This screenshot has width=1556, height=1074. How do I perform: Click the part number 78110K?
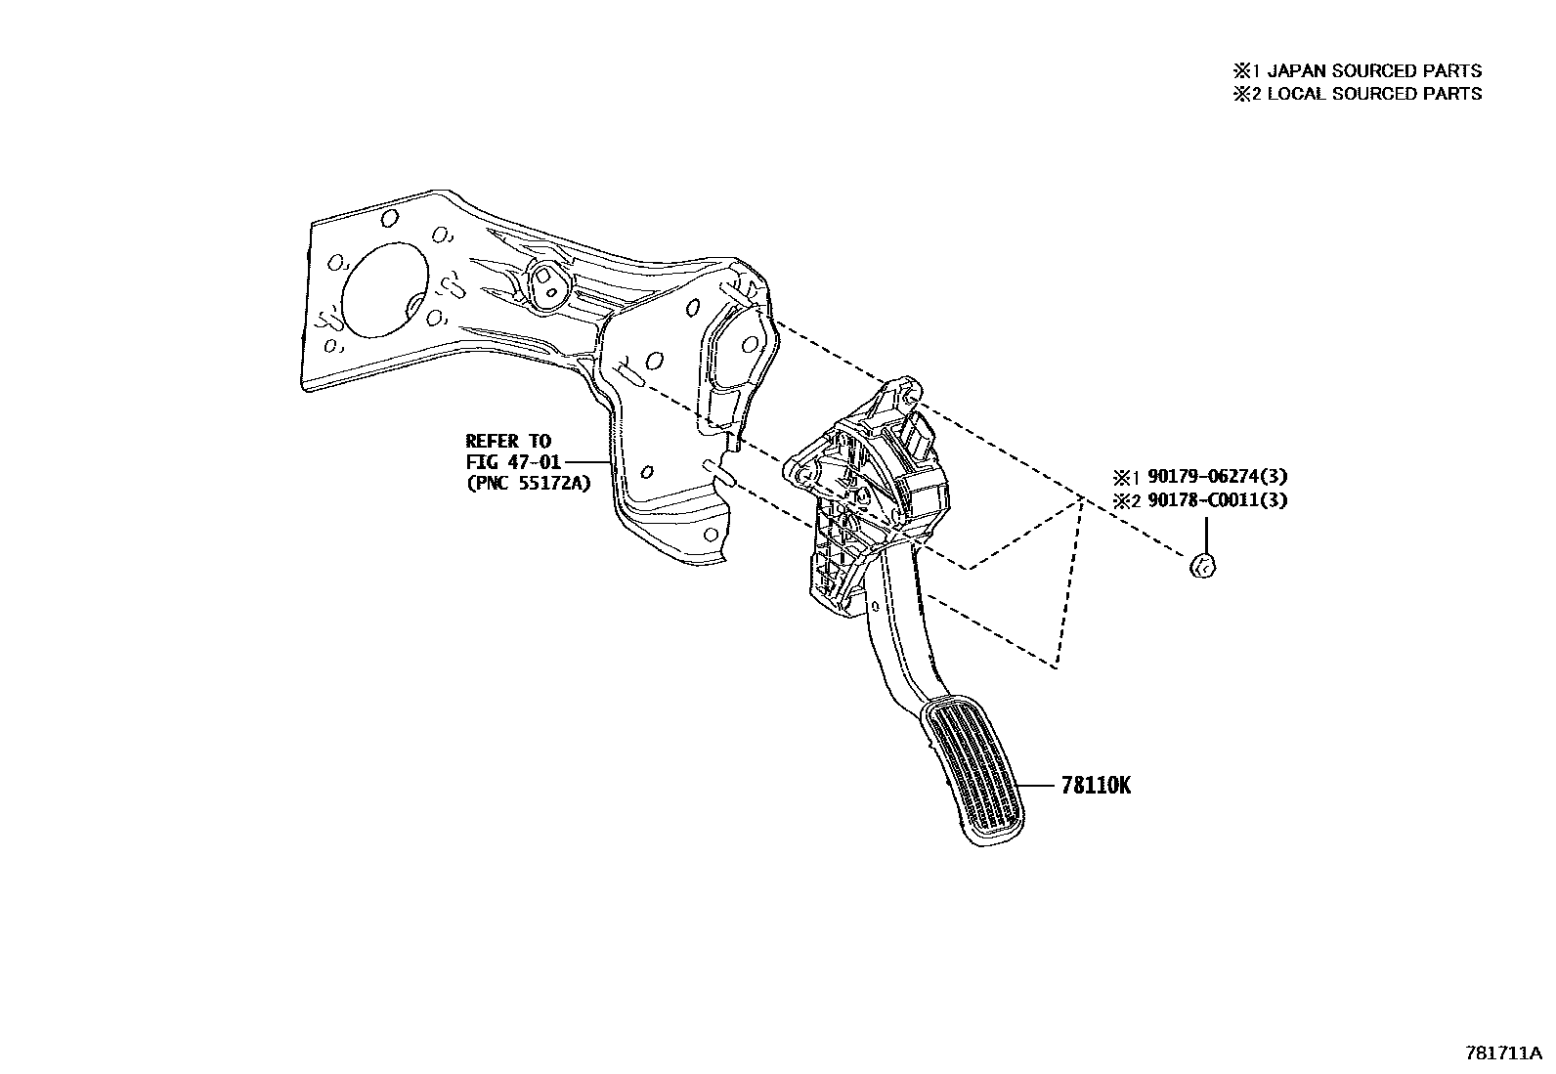tap(1096, 785)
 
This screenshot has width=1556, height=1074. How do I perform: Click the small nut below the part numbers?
tap(1204, 565)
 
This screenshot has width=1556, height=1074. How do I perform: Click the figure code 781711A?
tap(1502, 1053)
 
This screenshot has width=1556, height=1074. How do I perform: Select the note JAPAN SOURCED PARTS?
tap(1374, 70)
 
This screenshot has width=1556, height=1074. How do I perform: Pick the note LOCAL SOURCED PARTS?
tap(1374, 94)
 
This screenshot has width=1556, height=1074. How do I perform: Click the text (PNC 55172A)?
tap(529, 482)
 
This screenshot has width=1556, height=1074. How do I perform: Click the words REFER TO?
tap(508, 441)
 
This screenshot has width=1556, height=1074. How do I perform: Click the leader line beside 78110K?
tap(1035, 785)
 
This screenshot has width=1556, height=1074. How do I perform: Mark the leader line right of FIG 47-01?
tap(586, 461)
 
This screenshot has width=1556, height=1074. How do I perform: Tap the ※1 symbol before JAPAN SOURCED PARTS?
tap(1242, 70)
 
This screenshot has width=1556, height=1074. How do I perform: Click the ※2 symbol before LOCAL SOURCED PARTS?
tap(1242, 94)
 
